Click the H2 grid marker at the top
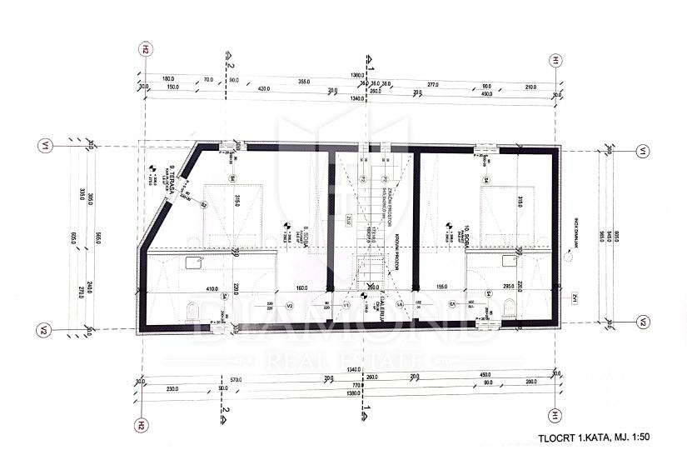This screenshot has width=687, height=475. tap(145, 49)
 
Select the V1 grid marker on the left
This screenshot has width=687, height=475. tap(45, 147)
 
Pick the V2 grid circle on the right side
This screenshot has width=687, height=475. tap(643, 322)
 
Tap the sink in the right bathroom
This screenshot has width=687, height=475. tap(508, 259)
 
